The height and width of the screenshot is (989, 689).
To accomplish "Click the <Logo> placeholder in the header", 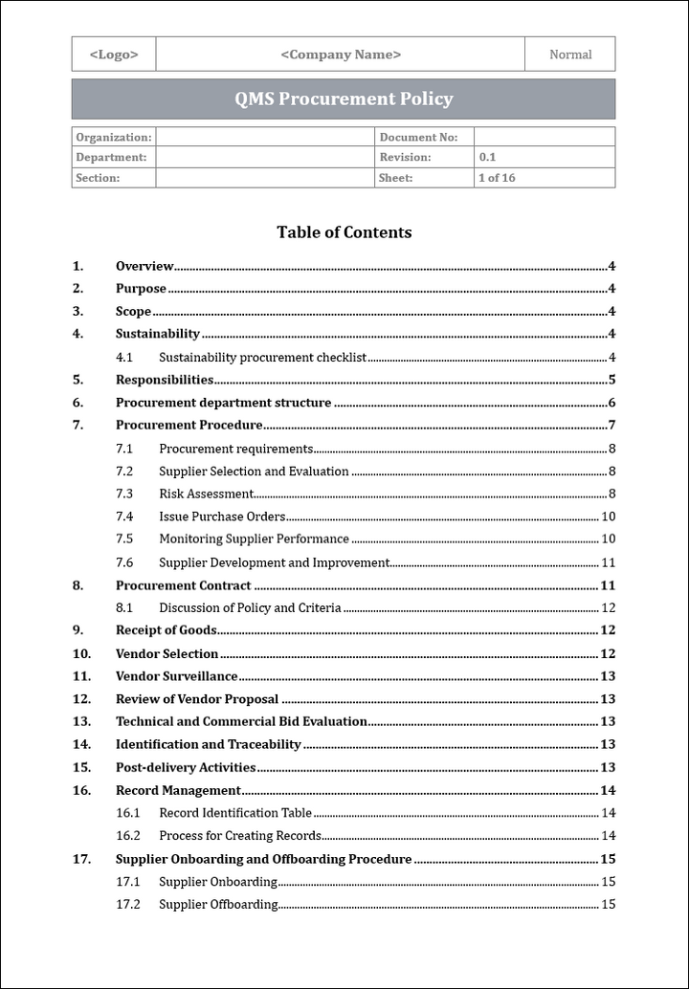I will [x=114, y=55].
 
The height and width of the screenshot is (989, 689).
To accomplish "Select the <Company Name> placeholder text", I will [x=341, y=55].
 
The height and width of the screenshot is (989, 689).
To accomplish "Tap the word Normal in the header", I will [x=570, y=55].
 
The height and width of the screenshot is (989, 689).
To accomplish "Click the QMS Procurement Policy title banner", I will [x=344, y=99].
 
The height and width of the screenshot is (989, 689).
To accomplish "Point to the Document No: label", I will [x=418, y=138].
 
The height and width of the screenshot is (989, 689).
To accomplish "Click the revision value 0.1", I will [x=488, y=158].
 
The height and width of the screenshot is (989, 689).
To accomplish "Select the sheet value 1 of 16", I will [x=497, y=178].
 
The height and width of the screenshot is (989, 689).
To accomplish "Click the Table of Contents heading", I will [x=344, y=232].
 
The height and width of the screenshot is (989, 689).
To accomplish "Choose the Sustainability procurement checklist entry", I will [x=262, y=358].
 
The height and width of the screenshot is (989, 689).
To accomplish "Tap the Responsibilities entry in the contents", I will [x=165, y=380].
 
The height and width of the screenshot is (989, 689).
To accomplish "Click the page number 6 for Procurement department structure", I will [x=611, y=403].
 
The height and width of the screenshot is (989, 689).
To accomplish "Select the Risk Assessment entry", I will [x=206, y=494].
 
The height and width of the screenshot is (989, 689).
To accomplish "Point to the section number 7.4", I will [x=124, y=516].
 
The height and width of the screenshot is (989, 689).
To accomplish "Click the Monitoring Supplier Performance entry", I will [x=254, y=539].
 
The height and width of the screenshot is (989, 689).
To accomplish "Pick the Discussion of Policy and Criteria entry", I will [x=250, y=608].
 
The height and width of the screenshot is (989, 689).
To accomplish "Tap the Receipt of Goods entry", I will [x=167, y=630].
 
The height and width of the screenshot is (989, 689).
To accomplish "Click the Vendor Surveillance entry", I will [x=177, y=676].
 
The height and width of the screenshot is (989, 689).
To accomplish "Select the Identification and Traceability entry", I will [x=209, y=744].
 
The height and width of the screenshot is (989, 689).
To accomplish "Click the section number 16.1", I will [x=128, y=813].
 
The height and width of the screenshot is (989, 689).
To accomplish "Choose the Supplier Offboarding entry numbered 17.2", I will [x=218, y=905].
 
